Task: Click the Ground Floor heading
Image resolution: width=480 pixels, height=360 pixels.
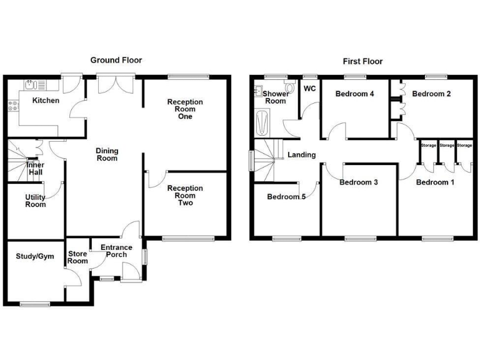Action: (x=116, y=61)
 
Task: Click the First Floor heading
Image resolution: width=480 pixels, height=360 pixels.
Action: (x=362, y=61)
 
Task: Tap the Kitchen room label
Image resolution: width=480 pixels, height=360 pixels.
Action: (x=46, y=100)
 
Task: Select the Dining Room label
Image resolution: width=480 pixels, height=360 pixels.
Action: (x=107, y=154)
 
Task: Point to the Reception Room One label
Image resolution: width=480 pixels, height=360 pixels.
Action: (x=185, y=109)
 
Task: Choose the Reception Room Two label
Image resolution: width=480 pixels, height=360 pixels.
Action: (x=185, y=195)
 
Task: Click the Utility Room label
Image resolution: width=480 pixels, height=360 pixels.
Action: (x=35, y=201)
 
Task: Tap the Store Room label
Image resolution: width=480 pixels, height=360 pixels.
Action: (x=77, y=257)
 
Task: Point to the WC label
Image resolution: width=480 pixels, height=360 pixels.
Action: (x=309, y=89)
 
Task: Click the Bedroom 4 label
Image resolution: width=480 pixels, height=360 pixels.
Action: (x=354, y=94)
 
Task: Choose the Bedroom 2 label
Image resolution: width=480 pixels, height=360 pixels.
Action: (x=431, y=94)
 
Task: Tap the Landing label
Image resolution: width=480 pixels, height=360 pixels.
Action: (x=301, y=155)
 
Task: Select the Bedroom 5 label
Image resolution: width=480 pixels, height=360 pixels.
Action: (x=286, y=197)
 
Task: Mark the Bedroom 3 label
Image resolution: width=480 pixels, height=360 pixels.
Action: (x=359, y=182)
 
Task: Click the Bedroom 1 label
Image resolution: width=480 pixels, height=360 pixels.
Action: (x=435, y=182)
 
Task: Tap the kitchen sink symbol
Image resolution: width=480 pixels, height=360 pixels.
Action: (x=30, y=84)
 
